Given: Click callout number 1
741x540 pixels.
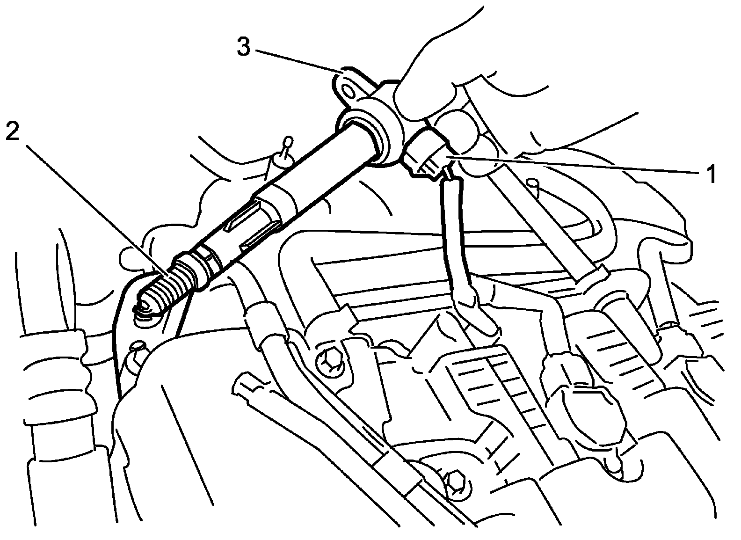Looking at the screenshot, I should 710,175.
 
